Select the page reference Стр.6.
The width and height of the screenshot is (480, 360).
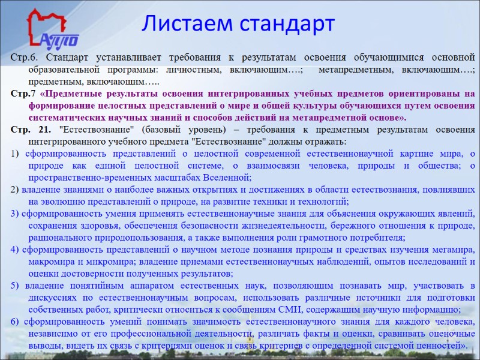(24, 58)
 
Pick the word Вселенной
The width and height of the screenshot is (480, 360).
(224, 178)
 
